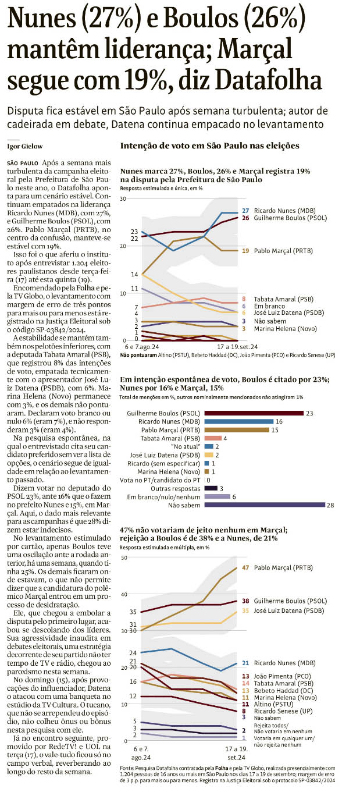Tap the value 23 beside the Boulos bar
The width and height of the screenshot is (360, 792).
[310, 396]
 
